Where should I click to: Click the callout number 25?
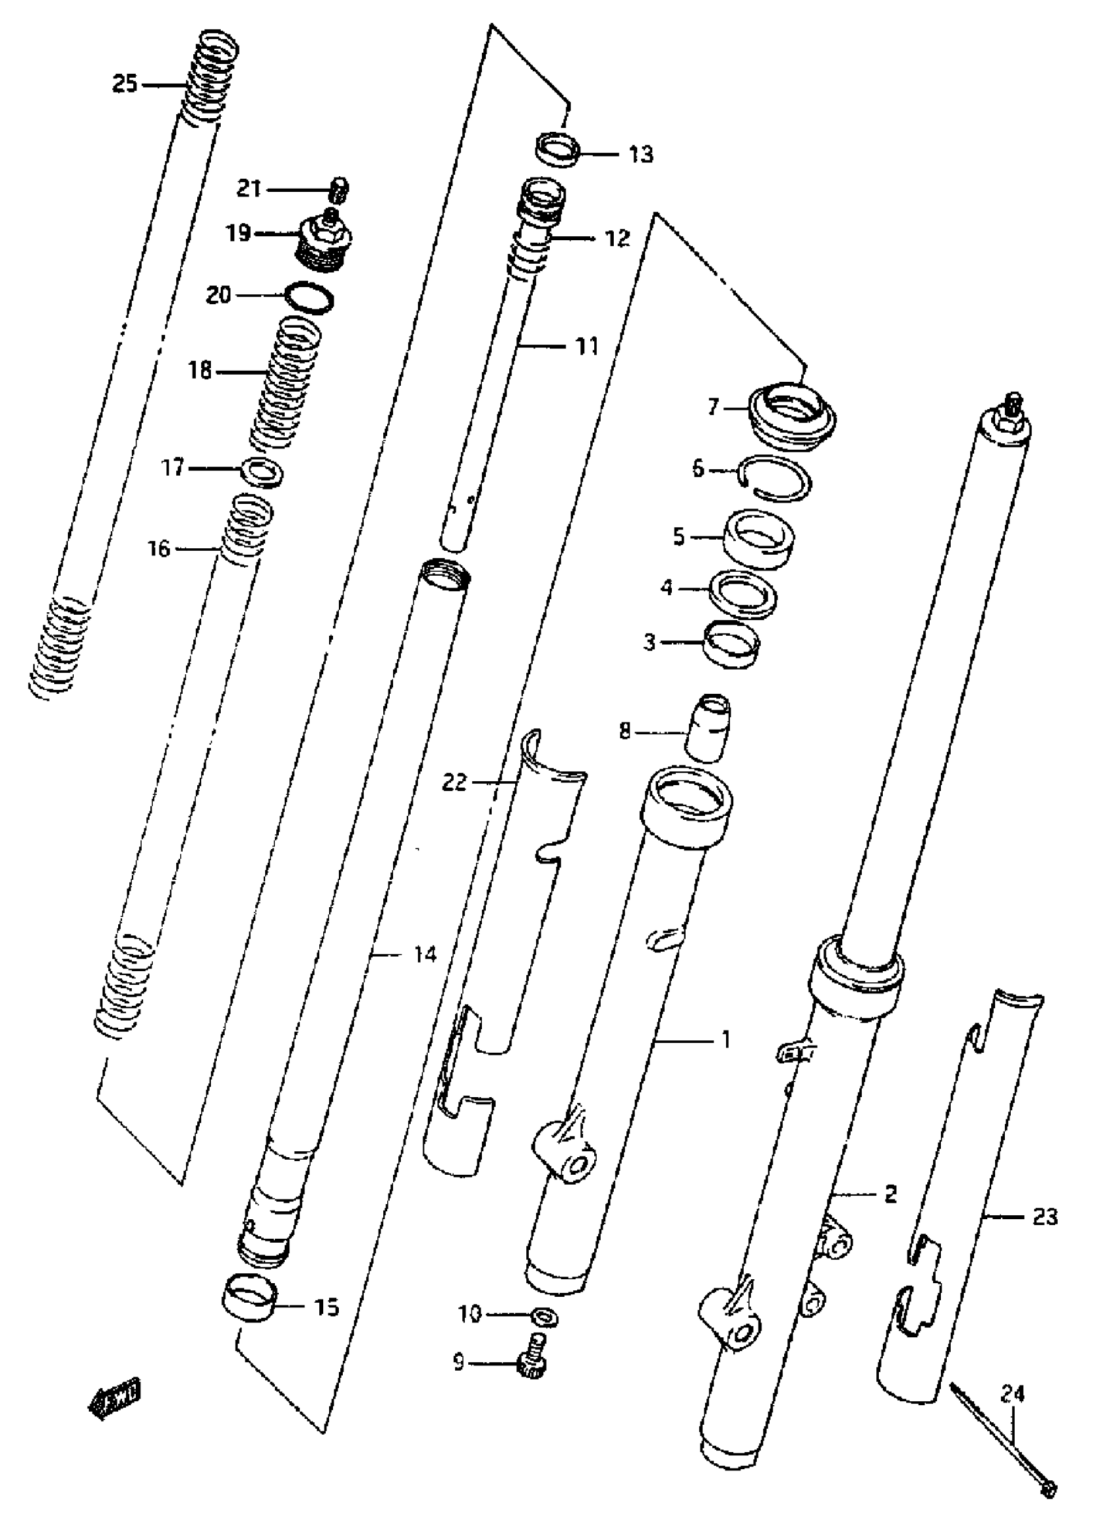[x=124, y=85]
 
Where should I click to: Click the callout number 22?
[x=454, y=783]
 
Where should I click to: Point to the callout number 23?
[x=1045, y=1217]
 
